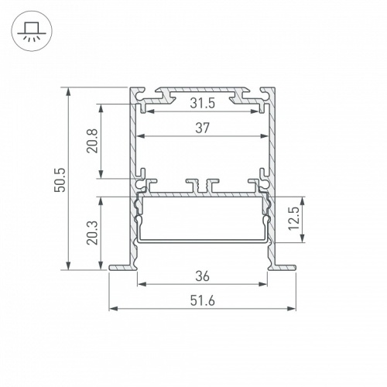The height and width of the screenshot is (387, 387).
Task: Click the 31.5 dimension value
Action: click(x=202, y=102)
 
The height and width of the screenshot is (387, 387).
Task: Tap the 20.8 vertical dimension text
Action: click(x=91, y=142)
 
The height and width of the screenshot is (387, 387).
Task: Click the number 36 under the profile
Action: click(x=202, y=274)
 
